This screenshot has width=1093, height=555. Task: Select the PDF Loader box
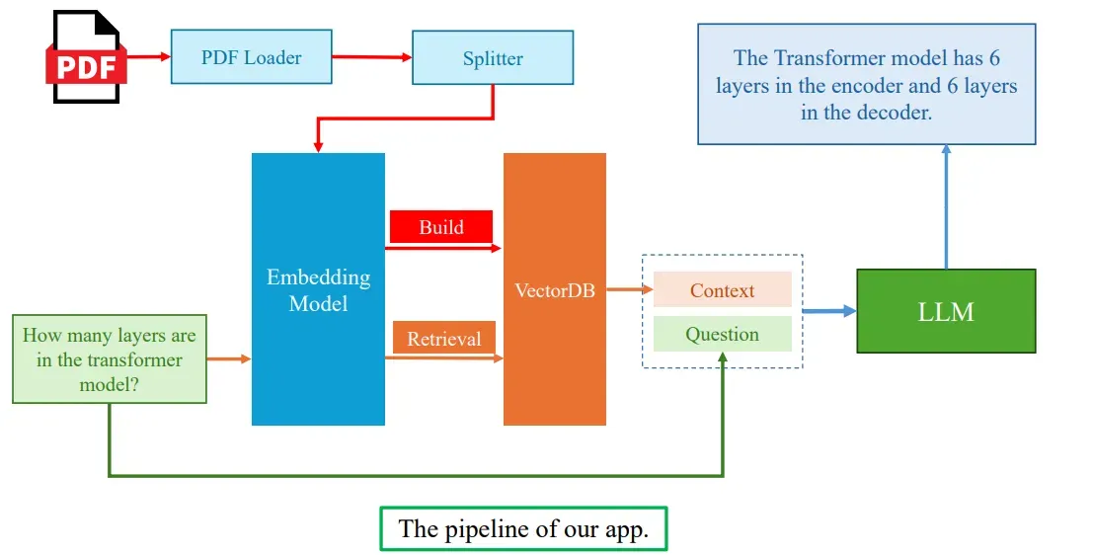click(x=252, y=56)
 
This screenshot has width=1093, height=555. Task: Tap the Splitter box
click(x=493, y=58)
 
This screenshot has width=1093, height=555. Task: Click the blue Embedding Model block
click(x=318, y=289)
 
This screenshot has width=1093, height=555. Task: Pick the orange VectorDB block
click(x=554, y=289)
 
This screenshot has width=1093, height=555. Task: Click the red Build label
click(x=440, y=227)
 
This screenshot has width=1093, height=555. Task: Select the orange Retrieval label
click(x=443, y=339)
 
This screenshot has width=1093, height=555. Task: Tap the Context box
click(x=722, y=290)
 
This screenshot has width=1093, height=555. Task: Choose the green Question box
click(x=722, y=334)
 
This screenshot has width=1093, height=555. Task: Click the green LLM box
click(x=946, y=311)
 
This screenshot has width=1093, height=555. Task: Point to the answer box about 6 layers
click(x=866, y=85)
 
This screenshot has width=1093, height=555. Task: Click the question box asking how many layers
click(x=109, y=359)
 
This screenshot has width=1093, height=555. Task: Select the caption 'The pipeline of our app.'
click(x=523, y=528)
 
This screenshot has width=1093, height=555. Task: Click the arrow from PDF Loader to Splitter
click(x=371, y=56)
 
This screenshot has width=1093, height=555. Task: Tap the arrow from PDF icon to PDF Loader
click(x=149, y=56)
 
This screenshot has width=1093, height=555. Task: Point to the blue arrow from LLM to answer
click(x=946, y=206)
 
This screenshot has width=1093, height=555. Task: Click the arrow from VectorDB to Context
click(x=630, y=290)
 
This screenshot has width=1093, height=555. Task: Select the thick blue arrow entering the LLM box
click(x=829, y=311)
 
